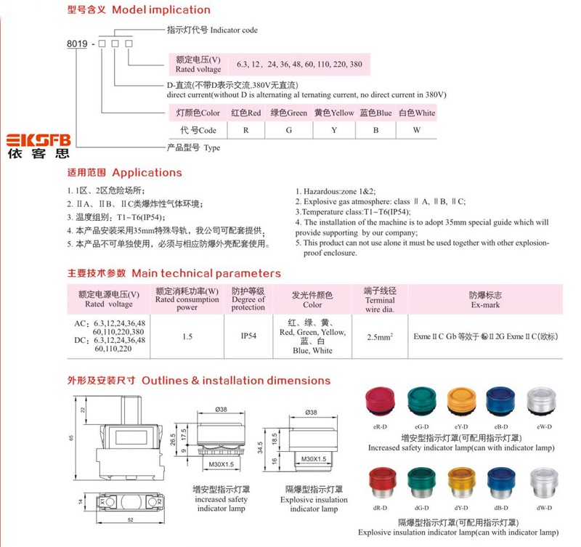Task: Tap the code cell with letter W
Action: pyautogui.click(x=416, y=131)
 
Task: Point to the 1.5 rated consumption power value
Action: pyautogui.click(x=187, y=336)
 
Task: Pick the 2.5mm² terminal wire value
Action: pyautogui.click(x=379, y=336)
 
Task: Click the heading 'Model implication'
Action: pyautogui.click(x=161, y=10)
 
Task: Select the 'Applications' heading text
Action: pyautogui.click(x=147, y=173)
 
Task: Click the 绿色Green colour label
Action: pyautogui.click(x=288, y=113)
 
